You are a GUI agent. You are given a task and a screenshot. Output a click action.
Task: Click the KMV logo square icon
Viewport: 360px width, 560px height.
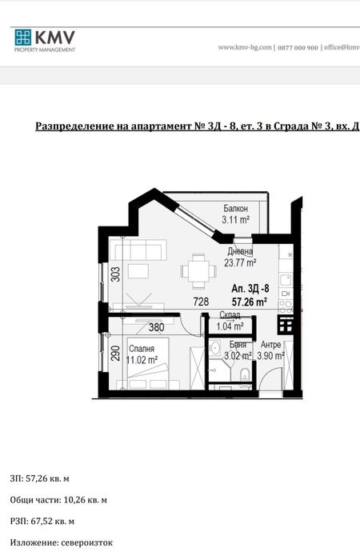[x=23, y=37]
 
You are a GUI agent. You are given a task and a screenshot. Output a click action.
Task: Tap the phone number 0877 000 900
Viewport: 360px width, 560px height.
[x=298, y=48]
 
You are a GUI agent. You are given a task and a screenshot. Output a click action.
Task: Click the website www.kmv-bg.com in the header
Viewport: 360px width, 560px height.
[x=245, y=47]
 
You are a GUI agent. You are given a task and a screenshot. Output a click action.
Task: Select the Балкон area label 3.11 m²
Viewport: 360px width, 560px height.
[x=235, y=220]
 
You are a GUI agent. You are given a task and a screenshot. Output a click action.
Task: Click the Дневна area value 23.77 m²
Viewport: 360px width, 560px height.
[x=240, y=263]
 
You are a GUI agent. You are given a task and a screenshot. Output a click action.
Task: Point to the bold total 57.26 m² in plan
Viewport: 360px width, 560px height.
[x=250, y=302]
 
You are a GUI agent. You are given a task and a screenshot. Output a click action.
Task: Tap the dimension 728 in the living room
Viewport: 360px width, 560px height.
[x=201, y=302]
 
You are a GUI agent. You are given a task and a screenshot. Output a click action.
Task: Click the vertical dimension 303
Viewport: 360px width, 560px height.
[x=116, y=274]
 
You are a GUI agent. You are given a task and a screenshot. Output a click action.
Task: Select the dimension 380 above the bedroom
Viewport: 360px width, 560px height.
[x=157, y=327]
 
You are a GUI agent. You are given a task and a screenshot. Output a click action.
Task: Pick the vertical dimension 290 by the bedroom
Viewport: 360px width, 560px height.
[x=116, y=353]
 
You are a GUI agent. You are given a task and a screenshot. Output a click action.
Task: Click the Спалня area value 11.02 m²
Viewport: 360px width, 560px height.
[x=142, y=360]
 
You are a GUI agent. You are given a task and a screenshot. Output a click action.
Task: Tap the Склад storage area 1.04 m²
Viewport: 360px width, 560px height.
[x=230, y=326]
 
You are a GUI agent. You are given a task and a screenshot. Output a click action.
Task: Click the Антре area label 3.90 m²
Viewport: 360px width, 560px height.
[x=270, y=356]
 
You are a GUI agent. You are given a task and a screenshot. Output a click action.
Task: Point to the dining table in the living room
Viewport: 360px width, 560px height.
[x=198, y=271]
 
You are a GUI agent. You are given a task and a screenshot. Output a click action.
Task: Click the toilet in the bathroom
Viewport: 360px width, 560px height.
[x=245, y=374]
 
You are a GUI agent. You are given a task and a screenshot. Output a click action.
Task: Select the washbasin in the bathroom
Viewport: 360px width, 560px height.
[x=215, y=347]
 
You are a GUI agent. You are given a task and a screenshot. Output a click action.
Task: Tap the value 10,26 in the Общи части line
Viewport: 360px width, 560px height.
[x=74, y=500]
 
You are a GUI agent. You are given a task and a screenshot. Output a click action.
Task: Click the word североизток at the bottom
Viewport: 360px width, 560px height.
[x=86, y=543]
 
